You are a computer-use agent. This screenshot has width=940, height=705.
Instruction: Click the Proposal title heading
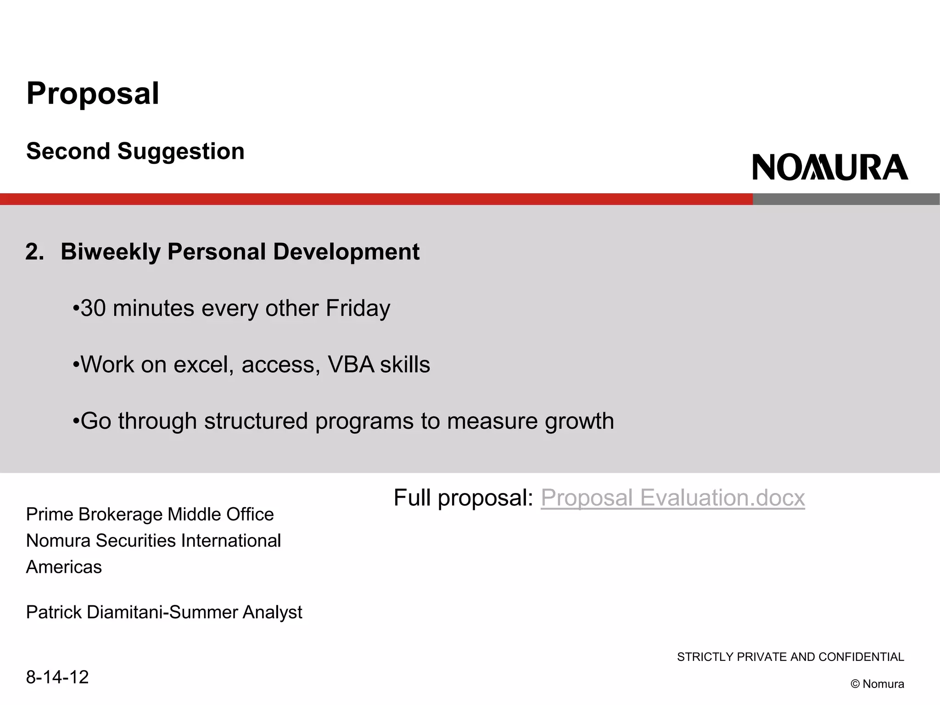tap(93, 94)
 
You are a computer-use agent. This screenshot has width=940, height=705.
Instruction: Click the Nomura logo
tap(830, 168)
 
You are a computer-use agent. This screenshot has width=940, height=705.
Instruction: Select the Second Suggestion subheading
tap(135, 151)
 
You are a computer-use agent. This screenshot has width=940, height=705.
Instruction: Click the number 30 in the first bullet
tap(93, 308)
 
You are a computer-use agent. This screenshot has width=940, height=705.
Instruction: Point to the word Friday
tap(358, 308)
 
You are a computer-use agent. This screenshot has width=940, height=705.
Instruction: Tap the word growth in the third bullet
tap(579, 421)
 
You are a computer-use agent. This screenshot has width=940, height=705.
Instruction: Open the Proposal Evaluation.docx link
tap(672, 498)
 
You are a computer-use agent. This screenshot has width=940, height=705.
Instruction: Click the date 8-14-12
tap(57, 677)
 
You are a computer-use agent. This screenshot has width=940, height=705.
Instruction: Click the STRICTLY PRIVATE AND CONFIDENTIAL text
tap(790, 657)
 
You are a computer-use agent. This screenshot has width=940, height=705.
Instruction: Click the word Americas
tap(64, 567)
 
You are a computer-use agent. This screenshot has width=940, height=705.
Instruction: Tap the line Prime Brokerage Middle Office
tap(150, 515)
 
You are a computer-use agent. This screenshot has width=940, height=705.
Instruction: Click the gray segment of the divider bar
tap(845, 199)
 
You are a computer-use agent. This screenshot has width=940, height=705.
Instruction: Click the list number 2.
tap(34, 252)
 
